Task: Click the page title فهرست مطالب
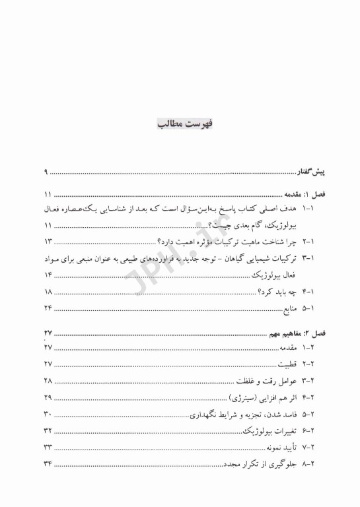(x=180, y=124)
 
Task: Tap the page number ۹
(x=47, y=173)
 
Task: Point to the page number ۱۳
(x=48, y=241)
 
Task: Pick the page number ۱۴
(x=48, y=275)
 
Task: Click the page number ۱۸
(x=48, y=292)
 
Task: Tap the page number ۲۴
(x=48, y=309)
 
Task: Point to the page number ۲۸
(x=48, y=381)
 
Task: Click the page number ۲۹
(x=48, y=397)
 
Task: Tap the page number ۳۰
(x=48, y=415)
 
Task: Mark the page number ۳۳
(x=48, y=448)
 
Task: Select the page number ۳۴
(x=48, y=465)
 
